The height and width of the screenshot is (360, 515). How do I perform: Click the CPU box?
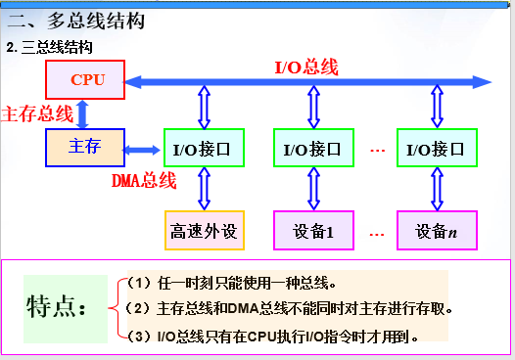[86, 79]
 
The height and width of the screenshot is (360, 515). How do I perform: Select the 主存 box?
[84, 147]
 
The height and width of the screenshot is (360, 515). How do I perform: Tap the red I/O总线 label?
[306, 67]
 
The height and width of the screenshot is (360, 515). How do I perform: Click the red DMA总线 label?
[143, 180]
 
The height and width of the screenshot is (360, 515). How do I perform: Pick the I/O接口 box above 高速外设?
[203, 149]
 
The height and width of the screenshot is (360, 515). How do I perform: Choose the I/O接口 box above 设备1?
[312, 149]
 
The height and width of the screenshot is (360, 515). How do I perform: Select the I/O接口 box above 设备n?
[436, 149]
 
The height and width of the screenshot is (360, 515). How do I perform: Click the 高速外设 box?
[203, 232]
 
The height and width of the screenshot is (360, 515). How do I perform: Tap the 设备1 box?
[312, 232]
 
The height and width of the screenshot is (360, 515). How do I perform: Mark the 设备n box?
[436, 232]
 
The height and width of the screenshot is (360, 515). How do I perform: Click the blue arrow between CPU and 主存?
[84, 113]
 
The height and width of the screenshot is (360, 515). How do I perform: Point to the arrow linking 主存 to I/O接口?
[143, 150]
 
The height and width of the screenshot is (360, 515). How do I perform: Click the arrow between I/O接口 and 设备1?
[312, 189]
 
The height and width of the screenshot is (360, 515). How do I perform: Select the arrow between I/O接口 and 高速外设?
[203, 189]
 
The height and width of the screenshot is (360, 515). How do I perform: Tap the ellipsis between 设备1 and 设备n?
[377, 233]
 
